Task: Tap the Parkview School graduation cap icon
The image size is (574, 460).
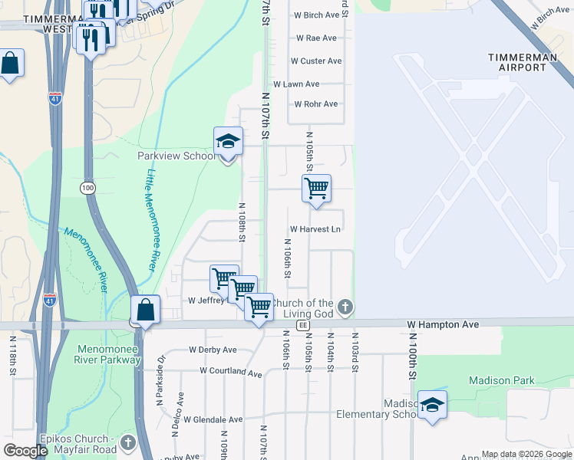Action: point(228,141)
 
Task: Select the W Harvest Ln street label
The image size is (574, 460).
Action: point(315,229)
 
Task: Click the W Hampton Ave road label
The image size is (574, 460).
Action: point(443,325)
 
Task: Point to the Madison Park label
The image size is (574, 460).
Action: point(490,380)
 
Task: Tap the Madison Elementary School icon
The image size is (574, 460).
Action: point(432,406)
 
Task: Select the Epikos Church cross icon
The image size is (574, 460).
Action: point(127,443)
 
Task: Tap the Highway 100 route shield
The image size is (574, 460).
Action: point(87,187)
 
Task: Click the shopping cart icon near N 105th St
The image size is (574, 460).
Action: point(316,188)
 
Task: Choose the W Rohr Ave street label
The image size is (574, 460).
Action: point(315,104)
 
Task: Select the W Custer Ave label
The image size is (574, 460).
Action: point(316,61)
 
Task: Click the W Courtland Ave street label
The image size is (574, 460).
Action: point(231,372)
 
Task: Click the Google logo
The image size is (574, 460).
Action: point(25,451)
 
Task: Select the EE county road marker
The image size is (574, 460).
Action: point(303,325)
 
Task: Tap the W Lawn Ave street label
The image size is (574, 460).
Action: point(296,84)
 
